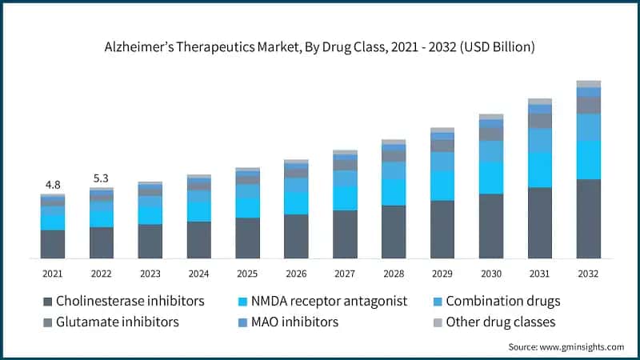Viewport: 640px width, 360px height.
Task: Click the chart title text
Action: pyautogui.click(x=320, y=48)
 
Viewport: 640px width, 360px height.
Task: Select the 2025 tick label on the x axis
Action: pyautogui.click(x=247, y=274)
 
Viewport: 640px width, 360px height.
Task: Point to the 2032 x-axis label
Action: pyautogui.click(x=588, y=274)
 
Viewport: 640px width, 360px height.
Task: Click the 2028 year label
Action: pyautogui.click(x=394, y=274)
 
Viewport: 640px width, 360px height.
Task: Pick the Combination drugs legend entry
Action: pyautogui.click(x=502, y=302)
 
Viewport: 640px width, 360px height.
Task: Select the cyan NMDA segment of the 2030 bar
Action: pyautogui.click(x=491, y=178)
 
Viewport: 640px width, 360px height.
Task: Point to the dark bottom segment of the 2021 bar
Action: pyautogui.click(x=53, y=244)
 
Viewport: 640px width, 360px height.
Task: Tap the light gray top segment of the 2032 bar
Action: pyautogui.click(x=588, y=84)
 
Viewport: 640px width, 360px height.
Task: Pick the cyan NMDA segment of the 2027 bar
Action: pyautogui.click(x=345, y=198)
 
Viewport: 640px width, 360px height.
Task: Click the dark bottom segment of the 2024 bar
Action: pyautogui.click(x=198, y=239)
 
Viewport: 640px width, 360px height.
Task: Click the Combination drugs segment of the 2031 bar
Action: pyautogui.click(x=540, y=140)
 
